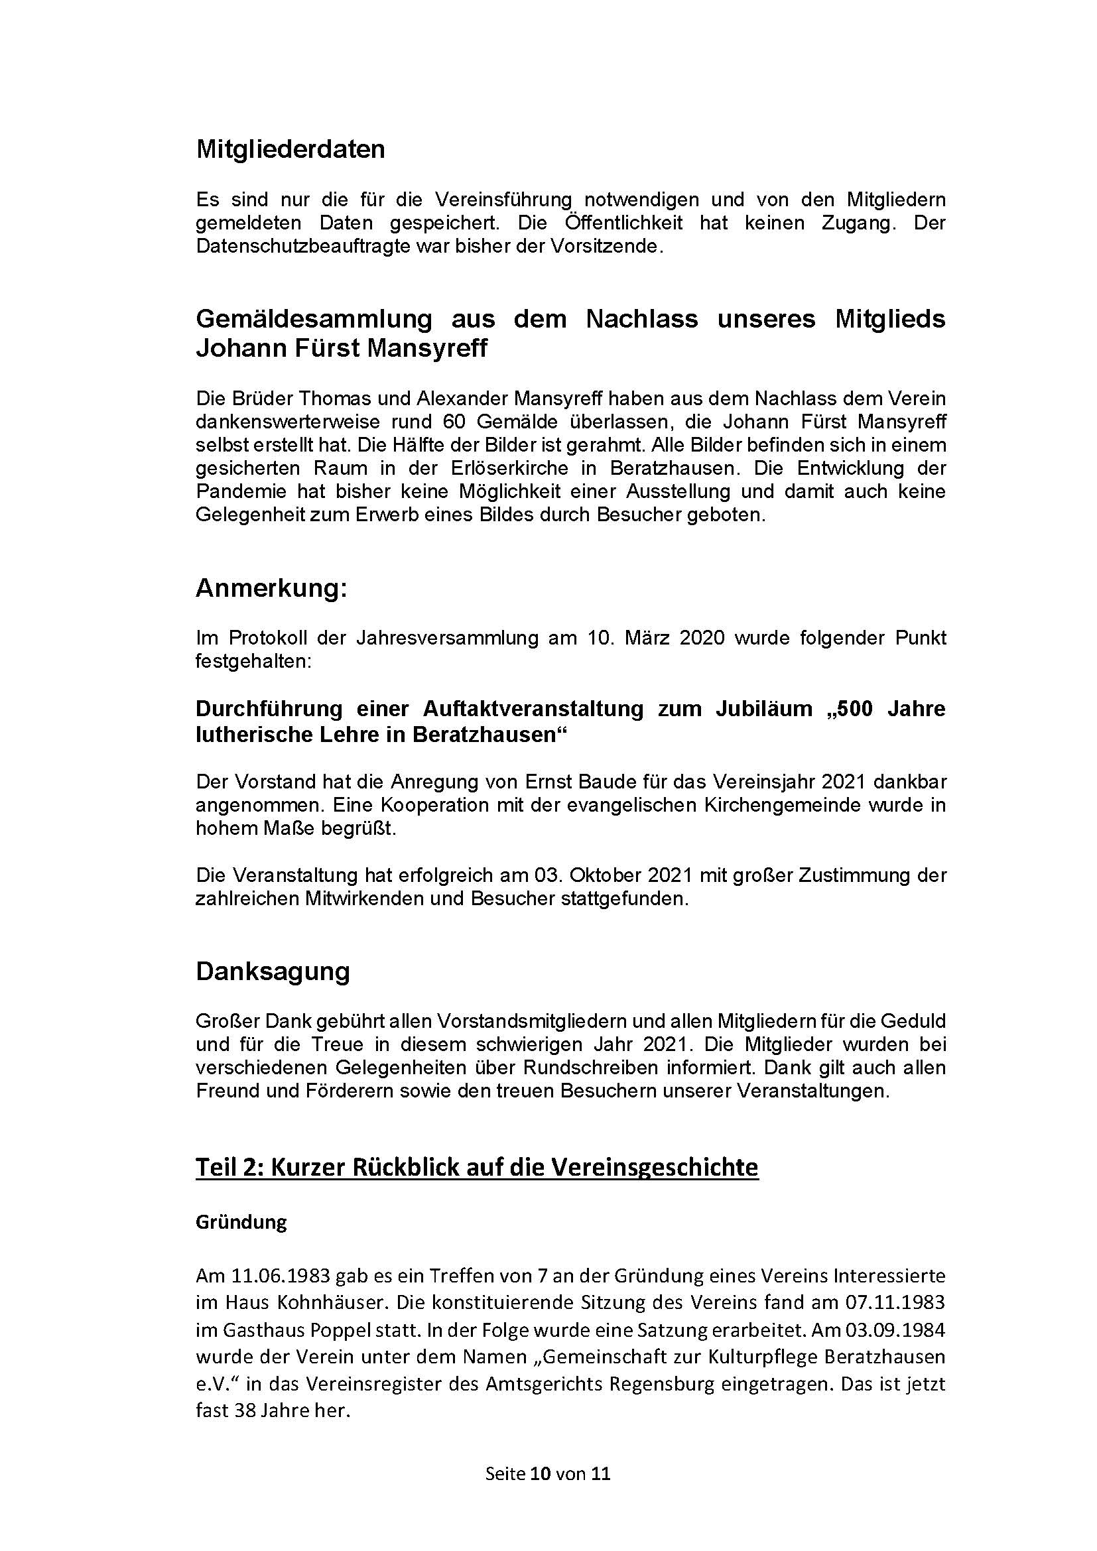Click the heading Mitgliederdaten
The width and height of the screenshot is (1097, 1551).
(x=290, y=149)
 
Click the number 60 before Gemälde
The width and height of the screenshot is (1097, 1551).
(x=456, y=422)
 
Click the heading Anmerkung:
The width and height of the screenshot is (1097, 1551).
(x=271, y=588)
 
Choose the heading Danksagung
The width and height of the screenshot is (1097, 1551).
(x=273, y=971)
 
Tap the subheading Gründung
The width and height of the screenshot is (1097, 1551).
(x=241, y=1222)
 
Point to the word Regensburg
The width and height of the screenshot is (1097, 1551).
(x=661, y=1384)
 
